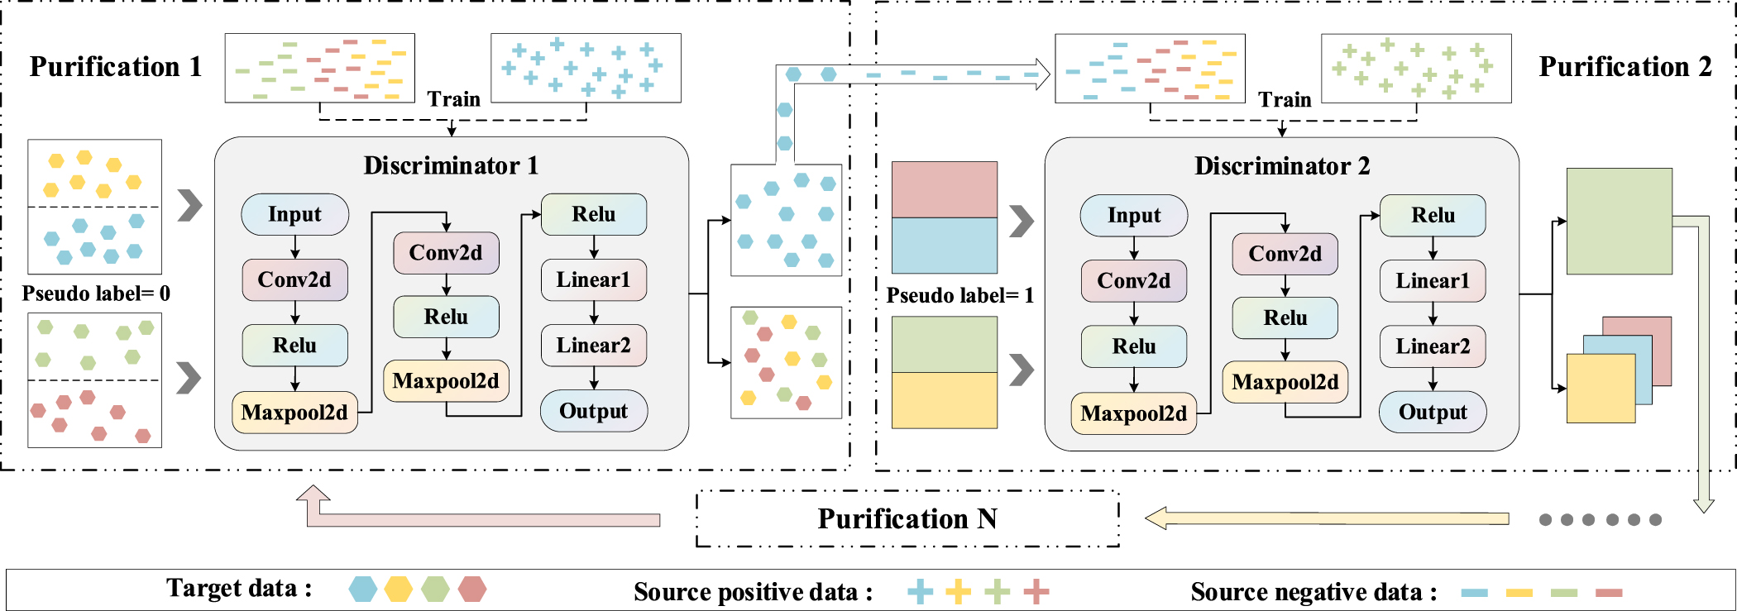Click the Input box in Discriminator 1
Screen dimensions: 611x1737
pyautogui.click(x=294, y=214)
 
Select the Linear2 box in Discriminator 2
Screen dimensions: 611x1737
pyautogui.click(x=1433, y=346)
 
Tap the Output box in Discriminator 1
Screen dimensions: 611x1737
pyautogui.click(x=593, y=411)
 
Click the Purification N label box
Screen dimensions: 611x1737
pyautogui.click(x=907, y=518)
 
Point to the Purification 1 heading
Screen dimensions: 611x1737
pyautogui.click(x=116, y=66)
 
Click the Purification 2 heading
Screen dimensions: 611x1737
pyautogui.click(x=1625, y=66)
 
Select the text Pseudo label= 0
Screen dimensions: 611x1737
pyautogui.click(x=96, y=294)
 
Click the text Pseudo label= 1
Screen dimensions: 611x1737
pyautogui.click(x=959, y=295)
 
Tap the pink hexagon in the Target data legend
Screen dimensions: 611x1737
pyautogui.click(x=472, y=589)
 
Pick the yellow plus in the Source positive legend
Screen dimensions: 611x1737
pyautogui.click(x=958, y=591)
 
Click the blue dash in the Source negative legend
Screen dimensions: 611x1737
pyautogui.click(x=1474, y=592)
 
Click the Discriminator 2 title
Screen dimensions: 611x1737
pyautogui.click(x=1281, y=166)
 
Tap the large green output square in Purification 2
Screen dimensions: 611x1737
pyautogui.click(x=1619, y=221)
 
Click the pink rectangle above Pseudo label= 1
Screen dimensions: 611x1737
pyautogui.click(x=944, y=189)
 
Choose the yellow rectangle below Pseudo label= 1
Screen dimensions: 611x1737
pyautogui.click(x=944, y=400)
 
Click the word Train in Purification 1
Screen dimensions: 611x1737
pyautogui.click(x=453, y=99)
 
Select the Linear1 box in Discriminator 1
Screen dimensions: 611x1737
pyautogui.click(x=593, y=280)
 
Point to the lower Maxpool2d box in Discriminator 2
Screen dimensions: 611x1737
pyautogui.click(x=1133, y=413)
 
